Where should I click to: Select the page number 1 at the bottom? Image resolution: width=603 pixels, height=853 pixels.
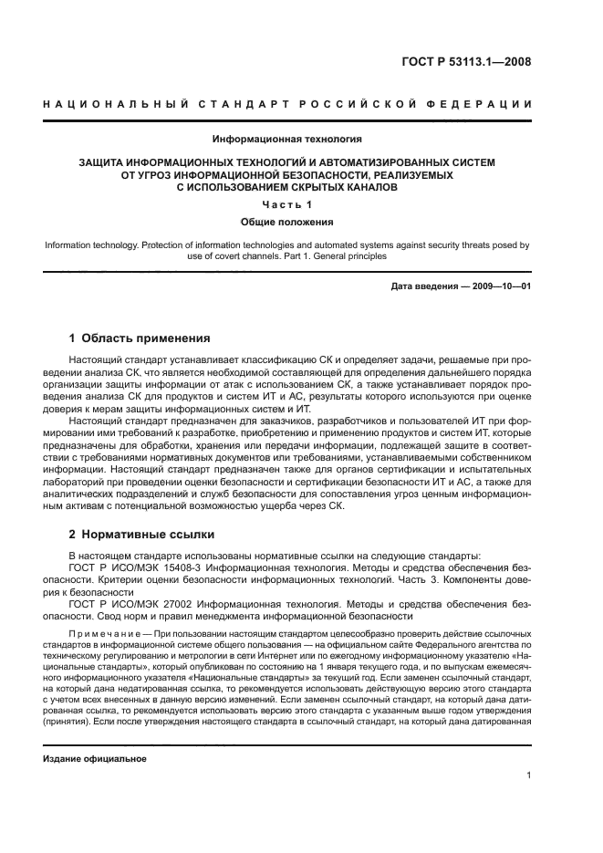[x=529, y=776]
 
